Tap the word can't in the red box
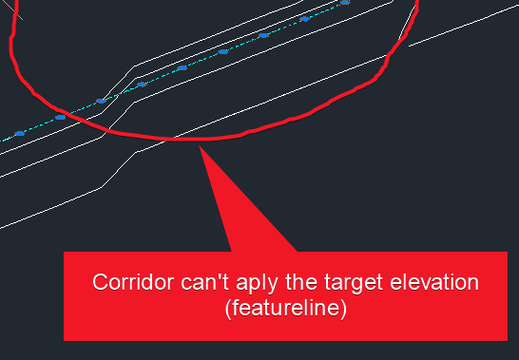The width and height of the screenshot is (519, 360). coord(190,283)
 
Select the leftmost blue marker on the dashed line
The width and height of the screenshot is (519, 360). coord(19,134)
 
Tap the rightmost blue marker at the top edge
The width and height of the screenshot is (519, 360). coord(344,3)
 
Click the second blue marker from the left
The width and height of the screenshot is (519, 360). coord(60,117)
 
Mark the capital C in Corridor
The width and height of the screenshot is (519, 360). coord(98,283)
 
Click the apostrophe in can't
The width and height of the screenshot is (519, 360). coord(202,278)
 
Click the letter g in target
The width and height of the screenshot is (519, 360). coord(326,286)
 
